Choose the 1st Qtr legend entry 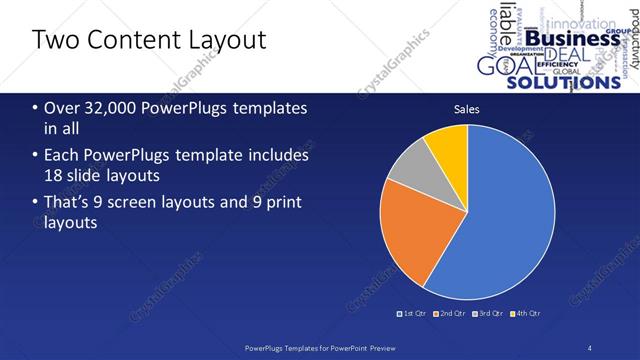point(413,313)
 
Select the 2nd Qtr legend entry point(451,313)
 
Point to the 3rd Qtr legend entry point(489,313)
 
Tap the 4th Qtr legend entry point(527,313)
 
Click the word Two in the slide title point(52,40)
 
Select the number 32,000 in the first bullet point(99,108)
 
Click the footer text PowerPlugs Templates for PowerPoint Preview point(319,348)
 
